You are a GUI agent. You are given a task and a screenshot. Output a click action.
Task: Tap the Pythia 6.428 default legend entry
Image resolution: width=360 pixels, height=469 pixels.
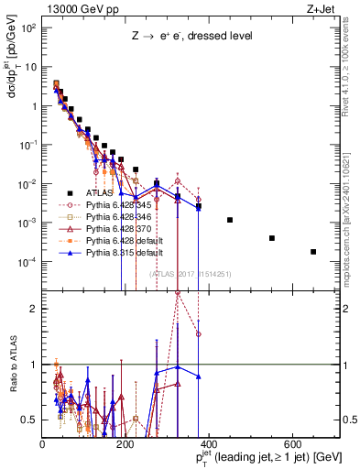[x=113, y=245]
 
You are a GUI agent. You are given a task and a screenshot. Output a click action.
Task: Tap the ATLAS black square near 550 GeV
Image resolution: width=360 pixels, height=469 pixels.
[x=272, y=238]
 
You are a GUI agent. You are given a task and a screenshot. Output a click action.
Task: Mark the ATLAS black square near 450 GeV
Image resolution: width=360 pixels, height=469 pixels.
[x=230, y=220]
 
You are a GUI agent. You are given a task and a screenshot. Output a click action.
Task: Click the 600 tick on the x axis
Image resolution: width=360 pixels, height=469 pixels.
[x=292, y=443]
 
